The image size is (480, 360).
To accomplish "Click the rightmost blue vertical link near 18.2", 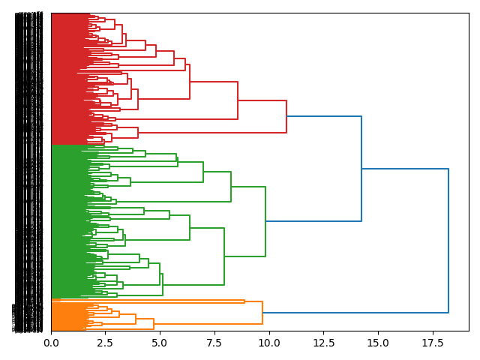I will point(448,240).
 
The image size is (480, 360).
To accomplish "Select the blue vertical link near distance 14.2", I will point(361,169).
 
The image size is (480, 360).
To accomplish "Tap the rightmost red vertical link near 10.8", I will point(286,116).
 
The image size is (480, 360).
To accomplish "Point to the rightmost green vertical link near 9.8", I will point(265,221).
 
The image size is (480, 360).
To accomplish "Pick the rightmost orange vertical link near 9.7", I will point(262,313).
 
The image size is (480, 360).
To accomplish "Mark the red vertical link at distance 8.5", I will point(238,100).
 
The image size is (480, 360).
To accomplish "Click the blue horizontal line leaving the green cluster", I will point(313,221).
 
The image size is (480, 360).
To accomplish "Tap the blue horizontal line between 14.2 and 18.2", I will point(405,169).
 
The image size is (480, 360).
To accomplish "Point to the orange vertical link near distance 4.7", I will point(154,324).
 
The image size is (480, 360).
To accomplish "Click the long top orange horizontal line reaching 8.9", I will point(150,301).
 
